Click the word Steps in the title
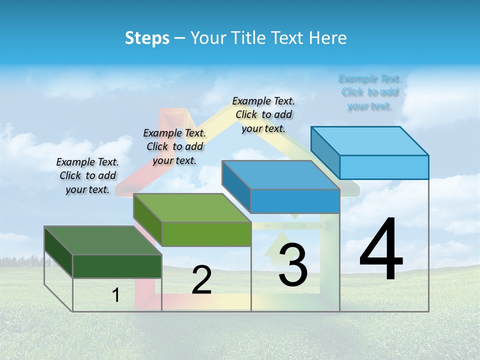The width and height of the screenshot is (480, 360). click(x=147, y=38)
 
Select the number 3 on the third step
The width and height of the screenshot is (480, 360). click(x=293, y=265)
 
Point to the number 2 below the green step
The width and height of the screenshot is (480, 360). click(x=202, y=280)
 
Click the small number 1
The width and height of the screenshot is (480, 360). click(x=116, y=295)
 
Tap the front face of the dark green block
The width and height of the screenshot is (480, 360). click(x=117, y=266)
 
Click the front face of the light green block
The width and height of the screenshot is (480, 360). click(x=206, y=234)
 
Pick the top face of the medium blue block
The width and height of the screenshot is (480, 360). click(x=280, y=175)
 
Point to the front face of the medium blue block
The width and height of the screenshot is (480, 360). click(x=295, y=201)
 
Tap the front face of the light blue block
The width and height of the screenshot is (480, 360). click(x=384, y=167)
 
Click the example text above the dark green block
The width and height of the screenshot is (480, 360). click(x=87, y=175)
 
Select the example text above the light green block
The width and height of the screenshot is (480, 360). click(x=174, y=146)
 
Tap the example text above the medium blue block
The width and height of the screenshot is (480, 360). click(x=263, y=114)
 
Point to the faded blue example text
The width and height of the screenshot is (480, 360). click(x=369, y=92)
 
